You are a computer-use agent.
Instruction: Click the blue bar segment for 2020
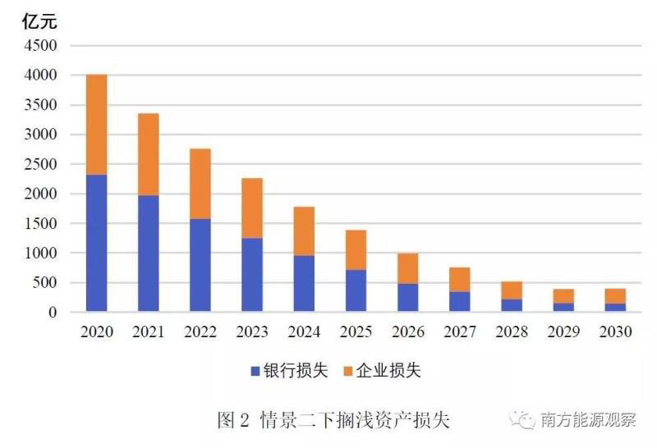click(97, 243)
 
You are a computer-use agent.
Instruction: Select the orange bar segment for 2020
click(97, 125)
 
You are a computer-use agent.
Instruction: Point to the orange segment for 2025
click(356, 250)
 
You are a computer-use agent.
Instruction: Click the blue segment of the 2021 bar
click(149, 254)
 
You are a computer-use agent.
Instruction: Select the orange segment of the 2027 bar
click(460, 280)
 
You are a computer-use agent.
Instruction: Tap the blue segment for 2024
click(304, 283)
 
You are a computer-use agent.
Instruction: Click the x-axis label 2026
click(408, 331)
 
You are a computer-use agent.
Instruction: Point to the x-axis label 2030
click(616, 331)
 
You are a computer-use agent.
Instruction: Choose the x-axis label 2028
click(512, 331)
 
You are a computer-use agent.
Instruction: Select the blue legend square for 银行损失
click(255, 372)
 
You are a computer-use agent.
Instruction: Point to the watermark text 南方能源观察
click(588, 420)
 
